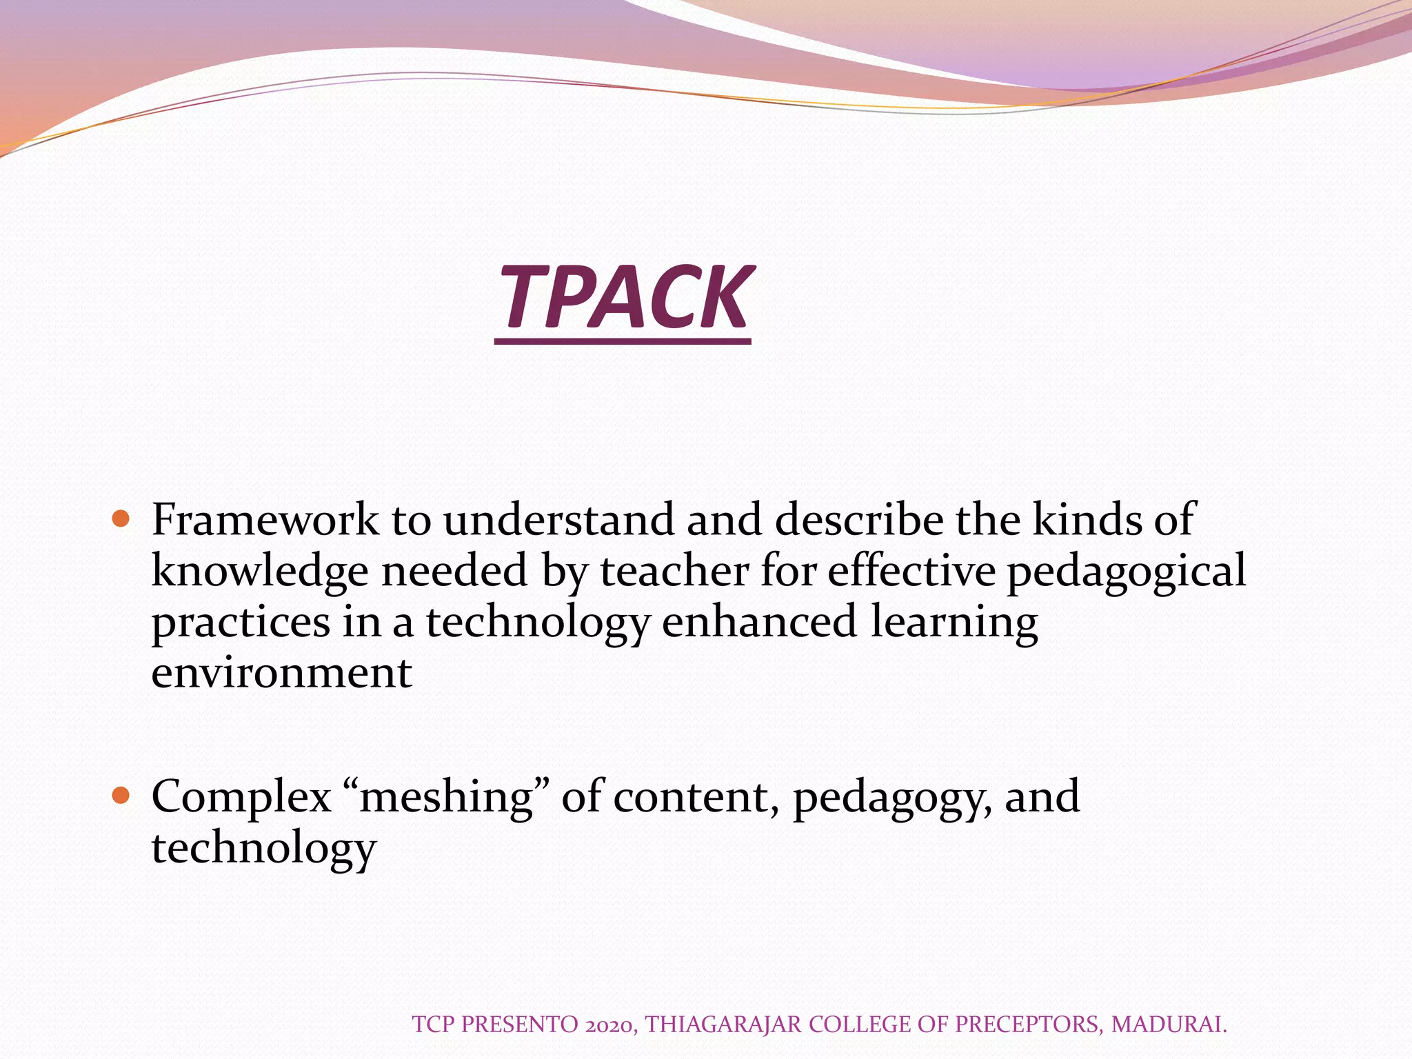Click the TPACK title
624,298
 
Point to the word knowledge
260,572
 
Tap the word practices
241,623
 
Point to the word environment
281,673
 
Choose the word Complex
241,798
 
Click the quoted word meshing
445,798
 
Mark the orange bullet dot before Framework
121,518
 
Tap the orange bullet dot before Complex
121,796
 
